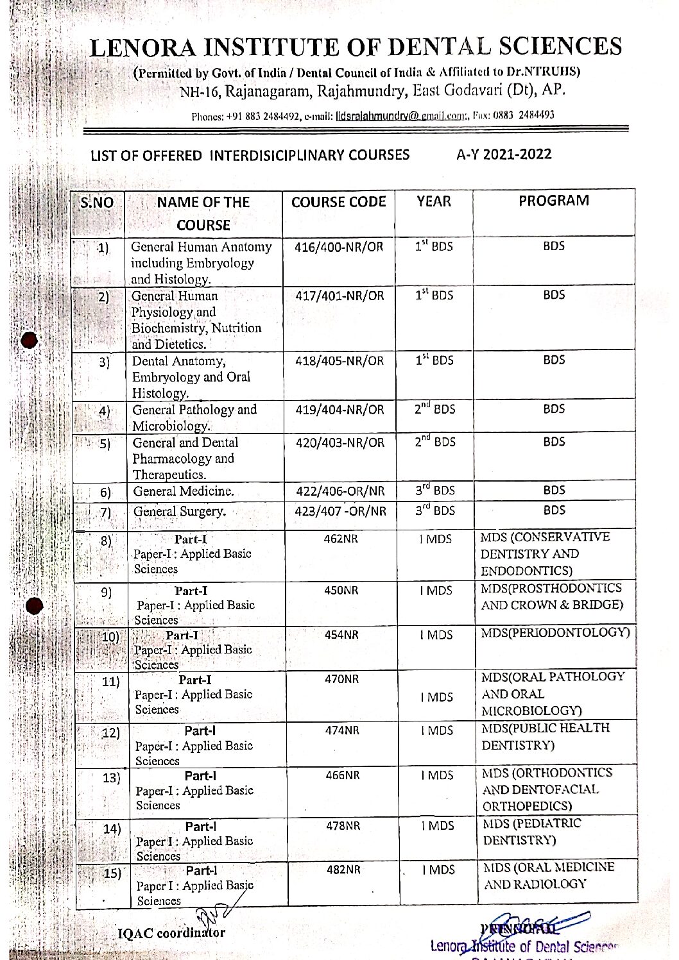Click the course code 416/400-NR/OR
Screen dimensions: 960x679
pos(339,247)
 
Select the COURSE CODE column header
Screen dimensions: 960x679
pos(339,202)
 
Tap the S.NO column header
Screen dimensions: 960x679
pos(97,203)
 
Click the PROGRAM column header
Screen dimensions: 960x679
pos(554,201)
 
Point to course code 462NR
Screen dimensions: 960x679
pos(341,539)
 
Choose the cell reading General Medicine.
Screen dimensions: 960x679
pos(184,492)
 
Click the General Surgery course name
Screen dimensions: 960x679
pos(180,512)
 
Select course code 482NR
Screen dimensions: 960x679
pos(343,870)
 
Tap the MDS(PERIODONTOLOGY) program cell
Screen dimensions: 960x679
pos(556,633)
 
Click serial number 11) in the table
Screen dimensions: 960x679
pos(110,682)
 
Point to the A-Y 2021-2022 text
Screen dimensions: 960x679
pos(504,154)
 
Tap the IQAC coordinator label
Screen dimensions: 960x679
pos(172,933)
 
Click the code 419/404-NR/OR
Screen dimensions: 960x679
pos(339,410)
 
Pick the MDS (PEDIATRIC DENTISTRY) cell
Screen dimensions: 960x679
pos(532,832)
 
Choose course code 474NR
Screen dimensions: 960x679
pos(342,730)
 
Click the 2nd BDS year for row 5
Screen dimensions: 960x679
pos(434,442)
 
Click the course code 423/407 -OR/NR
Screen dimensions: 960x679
pos(341,512)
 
